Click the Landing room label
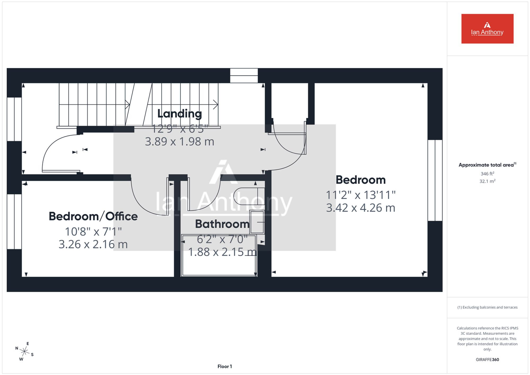point(180,114)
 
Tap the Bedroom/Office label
point(93,216)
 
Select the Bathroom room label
point(222,224)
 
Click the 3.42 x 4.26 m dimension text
point(361,208)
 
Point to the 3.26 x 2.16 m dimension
point(93,244)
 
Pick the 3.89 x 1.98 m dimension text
point(179,142)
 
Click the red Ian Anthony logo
point(487,29)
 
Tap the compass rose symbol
point(24,351)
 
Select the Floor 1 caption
point(225,367)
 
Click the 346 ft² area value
point(487,174)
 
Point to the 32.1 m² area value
point(487,181)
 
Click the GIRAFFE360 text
point(487,360)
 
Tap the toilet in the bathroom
point(249,196)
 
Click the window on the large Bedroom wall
point(435,180)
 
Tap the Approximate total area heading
point(487,165)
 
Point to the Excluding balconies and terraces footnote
point(487,307)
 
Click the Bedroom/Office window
point(14,222)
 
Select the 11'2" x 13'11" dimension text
point(361,195)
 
